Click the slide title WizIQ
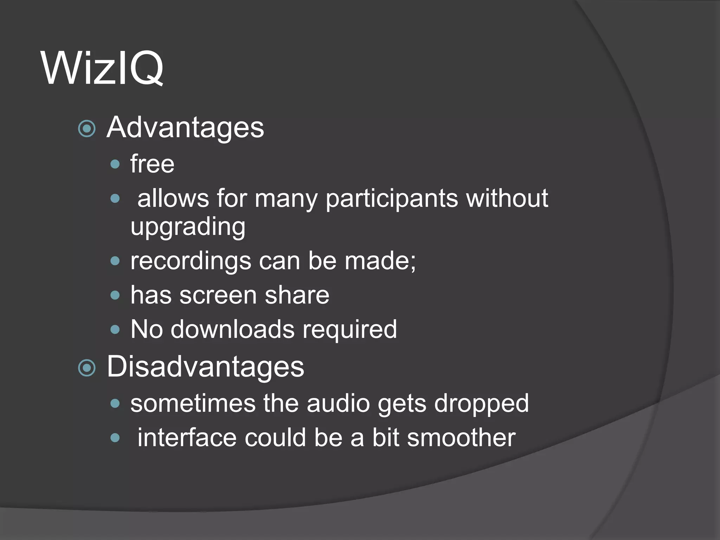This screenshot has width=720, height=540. (x=102, y=68)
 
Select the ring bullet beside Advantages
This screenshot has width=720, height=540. (x=87, y=128)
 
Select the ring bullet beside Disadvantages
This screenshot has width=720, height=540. (x=87, y=368)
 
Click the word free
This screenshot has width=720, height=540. (x=152, y=164)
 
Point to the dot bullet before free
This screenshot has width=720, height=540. (x=115, y=164)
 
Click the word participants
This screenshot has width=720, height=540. (x=392, y=199)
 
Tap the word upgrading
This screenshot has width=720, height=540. (x=188, y=227)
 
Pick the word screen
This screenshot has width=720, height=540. (x=218, y=295)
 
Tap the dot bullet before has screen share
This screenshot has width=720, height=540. (x=115, y=295)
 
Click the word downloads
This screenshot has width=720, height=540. (x=232, y=330)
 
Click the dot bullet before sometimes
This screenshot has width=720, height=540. (x=115, y=404)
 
